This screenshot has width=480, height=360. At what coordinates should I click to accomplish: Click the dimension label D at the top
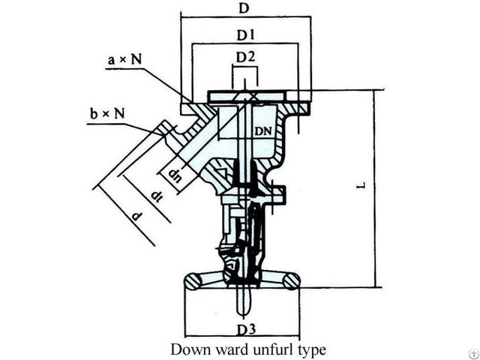click(x=244, y=8)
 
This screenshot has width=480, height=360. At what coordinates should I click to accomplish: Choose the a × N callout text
click(x=123, y=61)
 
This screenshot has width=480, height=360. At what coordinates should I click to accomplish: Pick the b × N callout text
click(x=106, y=114)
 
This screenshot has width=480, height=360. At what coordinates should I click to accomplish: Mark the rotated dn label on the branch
click(x=175, y=177)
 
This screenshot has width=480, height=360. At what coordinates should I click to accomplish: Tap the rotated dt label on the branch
click(x=156, y=196)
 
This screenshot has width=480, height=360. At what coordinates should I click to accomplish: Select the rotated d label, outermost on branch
click(x=136, y=217)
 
